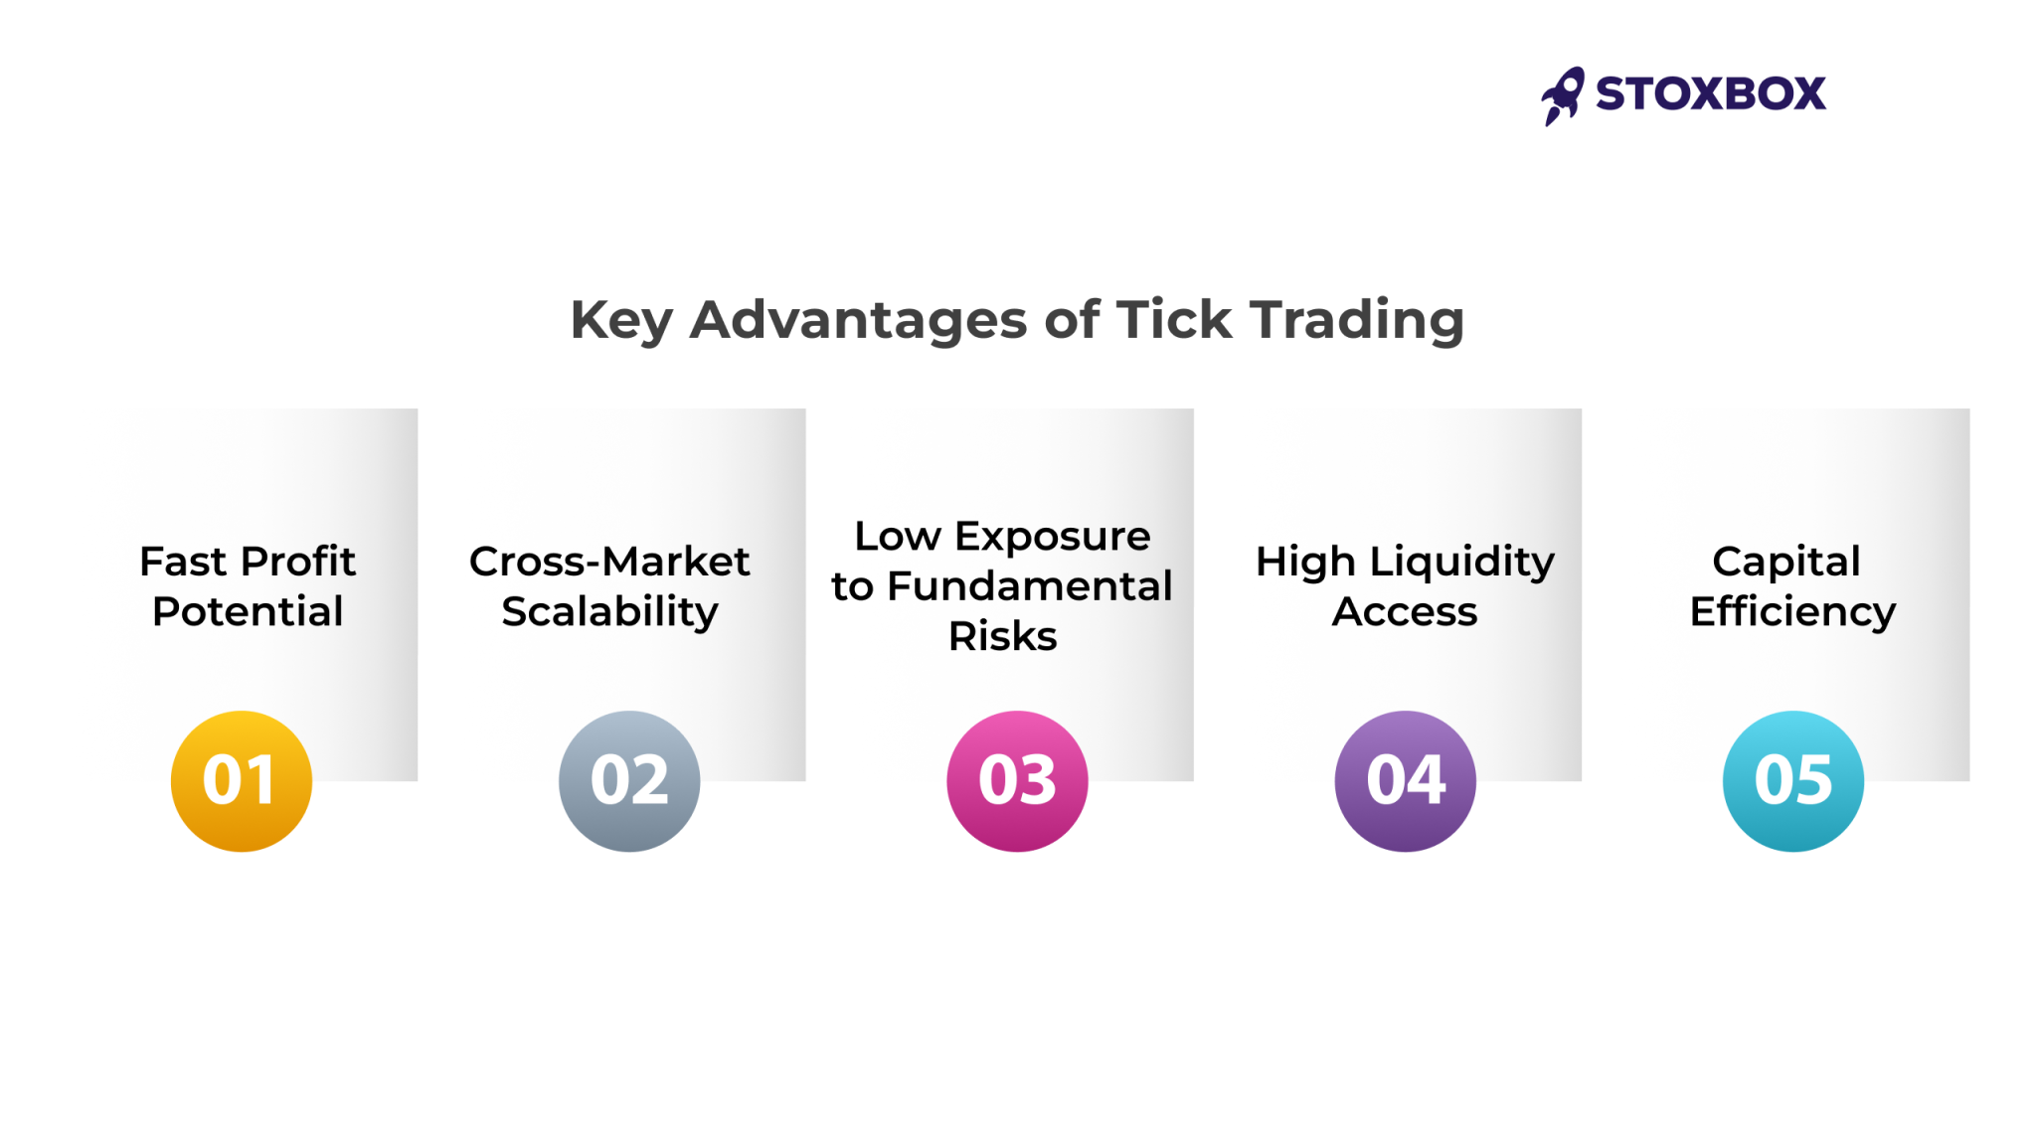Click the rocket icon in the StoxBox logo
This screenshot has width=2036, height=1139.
tap(1562, 96)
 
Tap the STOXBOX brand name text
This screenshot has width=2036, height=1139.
tap(1710, 94)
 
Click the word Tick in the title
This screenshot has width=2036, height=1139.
tap(1174, 320)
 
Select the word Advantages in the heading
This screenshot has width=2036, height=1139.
tap(858, 320)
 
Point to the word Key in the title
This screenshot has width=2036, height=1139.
tap(621, 320)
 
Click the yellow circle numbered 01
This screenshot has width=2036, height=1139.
tap(242, 781)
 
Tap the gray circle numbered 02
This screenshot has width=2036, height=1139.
tap(629, 781)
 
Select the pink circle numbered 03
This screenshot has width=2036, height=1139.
tap(1017, 781)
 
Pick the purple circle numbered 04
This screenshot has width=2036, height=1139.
tap(1405, 781)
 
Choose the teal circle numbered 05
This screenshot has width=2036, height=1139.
tap(1792, 781)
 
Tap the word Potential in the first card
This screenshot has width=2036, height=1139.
tap(248, 611)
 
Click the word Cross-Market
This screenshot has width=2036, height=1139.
tap(609, 562)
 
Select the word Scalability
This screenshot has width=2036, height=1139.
tap(609, 612)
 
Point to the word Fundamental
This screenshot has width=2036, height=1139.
tap(1029, 586)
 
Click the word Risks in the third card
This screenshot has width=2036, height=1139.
tap(1002, 636)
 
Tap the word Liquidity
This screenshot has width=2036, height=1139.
tap(1461, 563)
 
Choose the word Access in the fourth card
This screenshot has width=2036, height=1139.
tap(1405, 611)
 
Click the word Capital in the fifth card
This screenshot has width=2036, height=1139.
tap(1785, 563)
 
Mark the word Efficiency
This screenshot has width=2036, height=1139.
tap(1792, 612)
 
